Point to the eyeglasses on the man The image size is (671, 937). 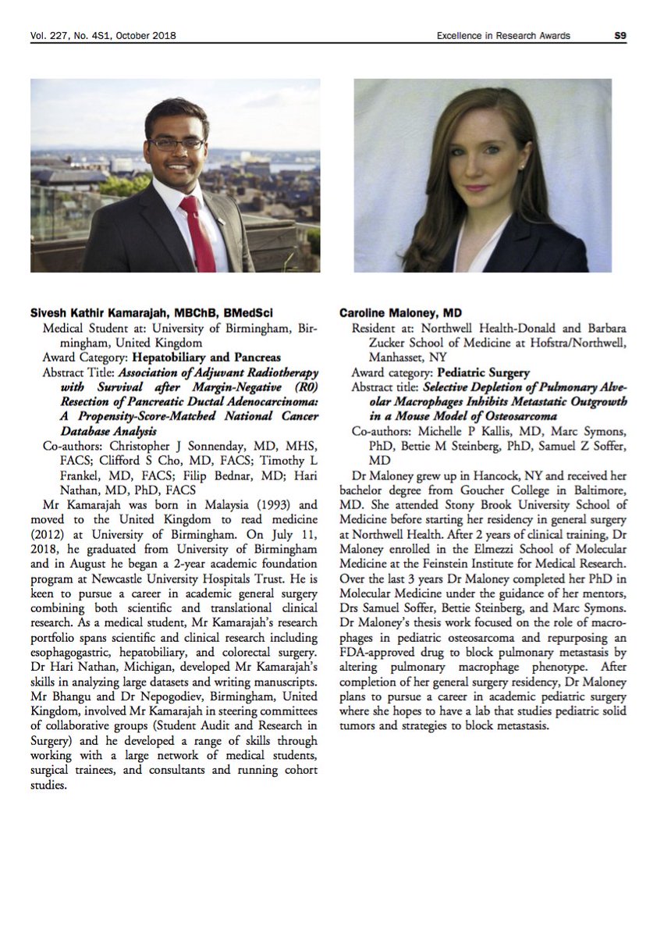click(x=176, y=144)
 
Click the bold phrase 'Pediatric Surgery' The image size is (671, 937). click(x=484, y=373)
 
